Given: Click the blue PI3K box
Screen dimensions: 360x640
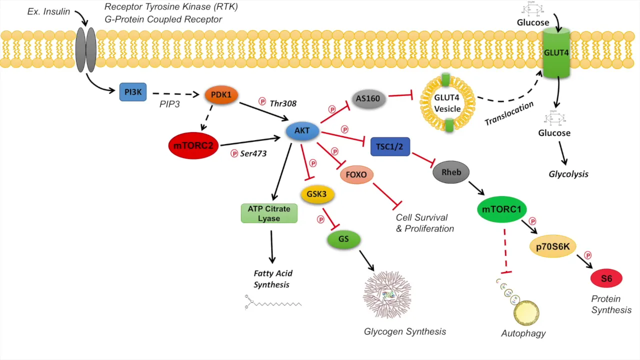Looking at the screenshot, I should coord(132,91).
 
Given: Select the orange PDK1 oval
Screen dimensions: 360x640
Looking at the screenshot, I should coord(221,94).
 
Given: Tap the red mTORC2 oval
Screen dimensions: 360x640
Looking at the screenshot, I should coord(193,145).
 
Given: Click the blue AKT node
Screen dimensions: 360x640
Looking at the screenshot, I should coord(302,131).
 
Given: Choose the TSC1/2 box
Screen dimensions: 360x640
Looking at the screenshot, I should coord(390,146).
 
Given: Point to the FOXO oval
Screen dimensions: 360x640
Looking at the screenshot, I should coord(356,175).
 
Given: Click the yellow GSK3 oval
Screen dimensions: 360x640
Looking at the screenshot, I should coord(317,193).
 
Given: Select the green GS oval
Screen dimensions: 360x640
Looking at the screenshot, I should coord(343,239).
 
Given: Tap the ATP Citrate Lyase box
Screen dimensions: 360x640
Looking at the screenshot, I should coord(269,213).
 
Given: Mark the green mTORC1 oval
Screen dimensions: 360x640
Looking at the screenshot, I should coord(501,209).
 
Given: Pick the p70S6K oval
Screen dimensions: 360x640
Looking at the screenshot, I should coord(553,246).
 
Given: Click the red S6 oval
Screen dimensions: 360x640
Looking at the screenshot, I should coord(606,278).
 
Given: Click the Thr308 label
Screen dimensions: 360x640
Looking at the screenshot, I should coord(283,103).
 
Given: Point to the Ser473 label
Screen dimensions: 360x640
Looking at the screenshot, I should coord(253,153).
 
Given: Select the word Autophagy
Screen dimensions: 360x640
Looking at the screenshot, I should coord(523,333).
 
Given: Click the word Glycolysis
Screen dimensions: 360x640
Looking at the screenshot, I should coord(568,174).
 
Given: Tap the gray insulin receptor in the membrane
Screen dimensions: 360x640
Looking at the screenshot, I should coord(85,49).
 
